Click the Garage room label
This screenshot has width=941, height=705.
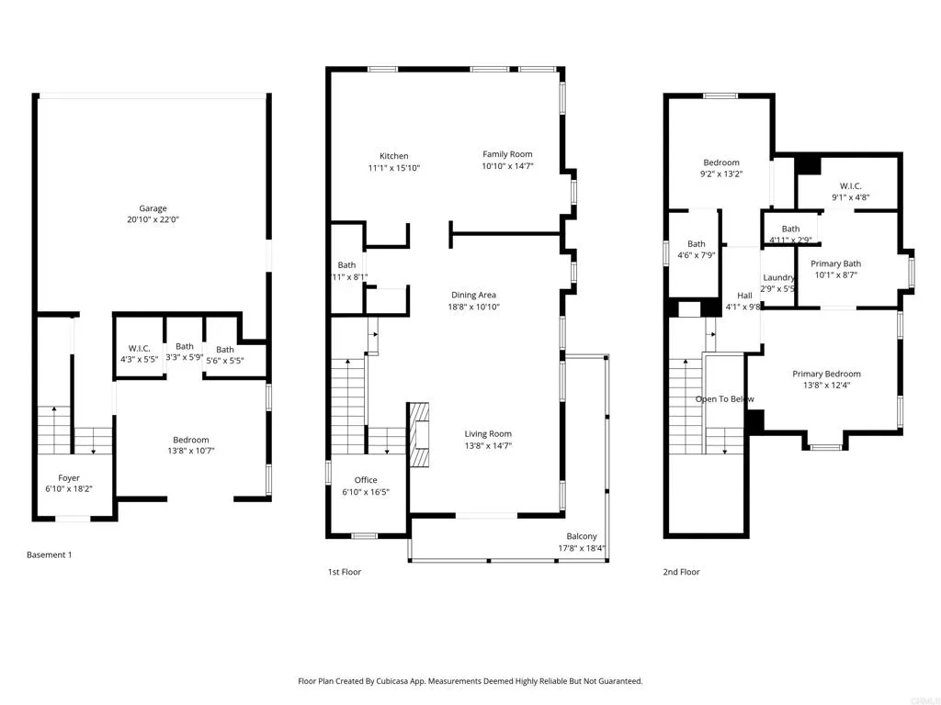[x=153, y=208]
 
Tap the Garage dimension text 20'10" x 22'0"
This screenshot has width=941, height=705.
[x=153, y=220]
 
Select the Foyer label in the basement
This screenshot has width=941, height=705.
[x=69, y=478]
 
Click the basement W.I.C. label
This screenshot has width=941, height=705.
[x=140, y=348]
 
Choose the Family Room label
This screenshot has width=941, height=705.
[x=507, y=154]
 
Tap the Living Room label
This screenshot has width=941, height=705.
[x=487, y=434]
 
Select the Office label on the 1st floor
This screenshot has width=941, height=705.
[x=366, y=480]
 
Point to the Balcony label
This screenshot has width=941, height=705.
[x=581, y=537]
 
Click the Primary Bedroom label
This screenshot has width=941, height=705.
[x=826, y=374]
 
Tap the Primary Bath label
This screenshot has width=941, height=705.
[x=835, y=263]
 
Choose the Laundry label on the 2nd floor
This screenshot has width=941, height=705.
[x=778, y=277]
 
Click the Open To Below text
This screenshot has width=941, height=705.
[x=724, y=399]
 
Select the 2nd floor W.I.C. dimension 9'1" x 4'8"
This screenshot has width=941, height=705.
[x=850, y=197]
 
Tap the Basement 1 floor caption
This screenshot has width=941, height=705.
[x=49, y=555]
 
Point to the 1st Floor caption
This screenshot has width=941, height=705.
[x=345, y=572]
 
